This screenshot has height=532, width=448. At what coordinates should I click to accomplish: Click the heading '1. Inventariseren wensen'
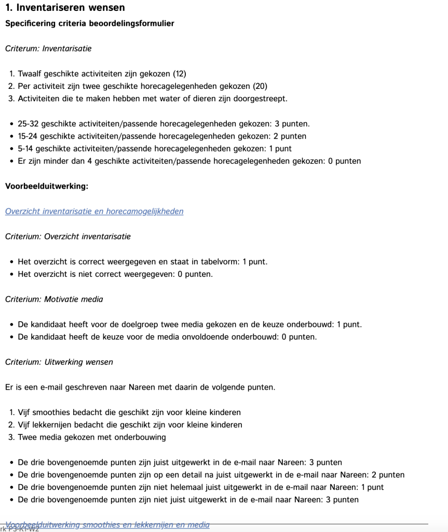tap(65, 8)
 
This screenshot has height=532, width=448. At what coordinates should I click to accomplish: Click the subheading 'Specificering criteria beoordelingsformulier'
tap(89, 23)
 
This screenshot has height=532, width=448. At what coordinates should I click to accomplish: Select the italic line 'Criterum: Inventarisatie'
tap(48, 48)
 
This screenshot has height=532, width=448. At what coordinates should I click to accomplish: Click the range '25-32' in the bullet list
tap(28, 124)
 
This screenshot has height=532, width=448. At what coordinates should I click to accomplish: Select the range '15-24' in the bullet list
tap(28, 136)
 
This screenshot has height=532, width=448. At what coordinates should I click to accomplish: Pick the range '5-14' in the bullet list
tap(26, 149)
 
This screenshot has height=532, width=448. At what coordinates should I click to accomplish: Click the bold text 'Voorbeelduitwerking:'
tap(47, 186)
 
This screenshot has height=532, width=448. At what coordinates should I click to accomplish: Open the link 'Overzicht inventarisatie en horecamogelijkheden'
tap(94, 211)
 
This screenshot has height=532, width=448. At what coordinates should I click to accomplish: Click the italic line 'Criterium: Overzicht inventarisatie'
tap(68, 236)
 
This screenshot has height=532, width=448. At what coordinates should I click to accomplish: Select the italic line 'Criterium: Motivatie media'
tap(54, 299)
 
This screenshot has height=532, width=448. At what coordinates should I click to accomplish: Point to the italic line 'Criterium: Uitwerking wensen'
tap(59, 362)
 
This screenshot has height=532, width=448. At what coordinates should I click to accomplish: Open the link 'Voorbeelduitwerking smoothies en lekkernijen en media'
tap(107, 525)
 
